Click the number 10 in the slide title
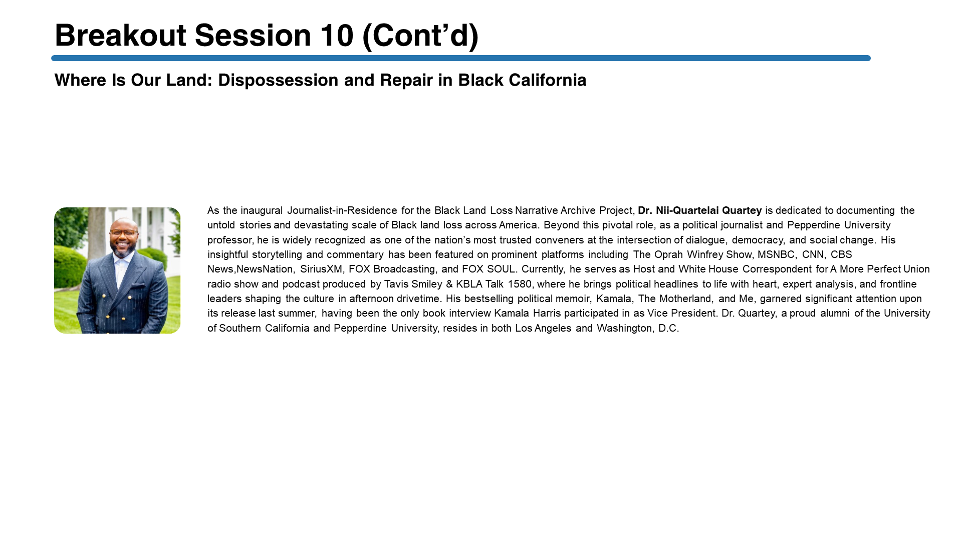pos(337,36)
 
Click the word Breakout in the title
pos(120,36)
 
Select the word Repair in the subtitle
pos(406,81)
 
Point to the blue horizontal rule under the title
pos(461,58)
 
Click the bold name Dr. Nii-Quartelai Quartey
pos(699,210)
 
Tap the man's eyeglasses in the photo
pos(123,232)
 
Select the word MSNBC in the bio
pos(776,254)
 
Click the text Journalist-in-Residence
pos(342,210)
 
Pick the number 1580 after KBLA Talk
pos(519,284)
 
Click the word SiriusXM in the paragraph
pos(321,269)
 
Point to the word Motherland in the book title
pos(685,299)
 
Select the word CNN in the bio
pos(813,254)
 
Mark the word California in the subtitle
pos(547,81)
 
